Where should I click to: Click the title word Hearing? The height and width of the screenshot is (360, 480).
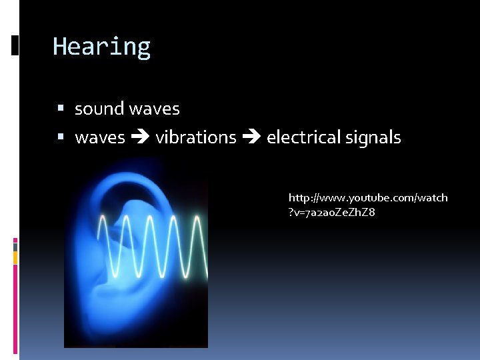point(101,47)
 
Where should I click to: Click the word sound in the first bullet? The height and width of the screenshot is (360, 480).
point(99,109)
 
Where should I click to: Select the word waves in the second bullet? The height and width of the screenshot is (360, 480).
point(100,138)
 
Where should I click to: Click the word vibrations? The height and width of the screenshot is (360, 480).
point(196,138)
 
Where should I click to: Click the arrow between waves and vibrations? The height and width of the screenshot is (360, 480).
point(140,138)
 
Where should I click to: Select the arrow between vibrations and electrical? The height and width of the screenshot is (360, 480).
point(251,138)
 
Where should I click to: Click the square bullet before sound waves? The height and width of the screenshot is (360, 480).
point(61,108)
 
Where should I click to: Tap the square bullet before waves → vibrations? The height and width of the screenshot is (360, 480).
point(61,137)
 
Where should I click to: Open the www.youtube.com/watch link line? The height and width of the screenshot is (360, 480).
point(368,198)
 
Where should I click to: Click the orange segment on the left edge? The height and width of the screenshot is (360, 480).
point(15,257)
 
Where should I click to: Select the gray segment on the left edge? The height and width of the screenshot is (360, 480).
point(15,247)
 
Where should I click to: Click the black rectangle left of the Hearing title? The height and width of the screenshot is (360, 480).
point(15,45)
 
